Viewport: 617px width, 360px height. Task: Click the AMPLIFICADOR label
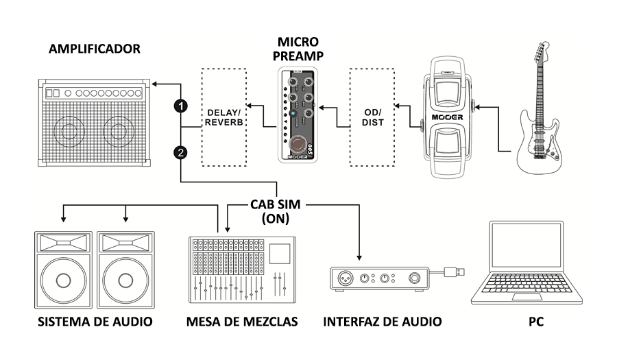(95, 49)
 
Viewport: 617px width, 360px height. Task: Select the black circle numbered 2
(180, 154)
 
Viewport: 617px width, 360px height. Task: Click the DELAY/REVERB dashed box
(223, 117)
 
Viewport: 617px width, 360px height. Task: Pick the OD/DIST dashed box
(373, 117)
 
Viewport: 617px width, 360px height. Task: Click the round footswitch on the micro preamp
(297, 144)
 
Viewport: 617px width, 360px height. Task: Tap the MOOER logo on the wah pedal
(446, 117)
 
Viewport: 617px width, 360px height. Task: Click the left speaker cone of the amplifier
(70, 132)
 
